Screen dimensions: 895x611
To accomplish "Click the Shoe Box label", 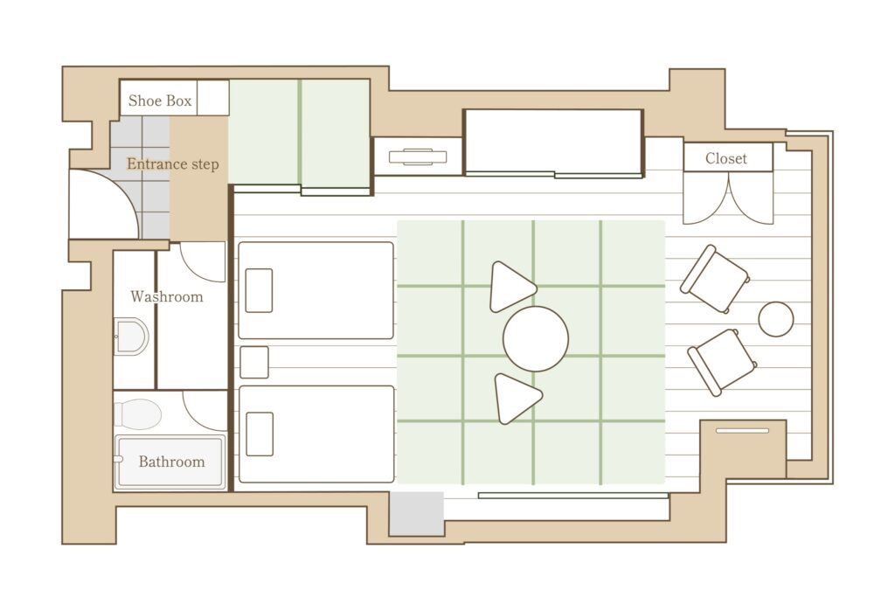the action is [160, 101].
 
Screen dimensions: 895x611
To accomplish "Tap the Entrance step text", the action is [173, 164].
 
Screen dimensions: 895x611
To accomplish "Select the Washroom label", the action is [167, 296].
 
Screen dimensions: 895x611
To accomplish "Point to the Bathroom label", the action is [172, 462].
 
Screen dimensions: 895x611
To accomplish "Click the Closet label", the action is [726, 158].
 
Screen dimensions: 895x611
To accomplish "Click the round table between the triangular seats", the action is [536, 338].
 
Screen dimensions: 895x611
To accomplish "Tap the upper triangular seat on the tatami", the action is [510, 287].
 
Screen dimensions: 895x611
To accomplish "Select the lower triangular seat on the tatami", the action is [517, 399].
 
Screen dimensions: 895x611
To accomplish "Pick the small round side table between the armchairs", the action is [776, 319].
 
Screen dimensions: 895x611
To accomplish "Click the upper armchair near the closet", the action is [715, 279].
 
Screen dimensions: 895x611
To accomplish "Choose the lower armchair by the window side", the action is [722, 362].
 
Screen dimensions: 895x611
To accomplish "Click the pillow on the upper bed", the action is [259, 291].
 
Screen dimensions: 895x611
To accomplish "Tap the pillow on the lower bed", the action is [259, 434].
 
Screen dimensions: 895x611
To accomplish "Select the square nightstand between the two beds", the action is [254, 362].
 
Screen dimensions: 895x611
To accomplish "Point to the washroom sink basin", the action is [131, 337].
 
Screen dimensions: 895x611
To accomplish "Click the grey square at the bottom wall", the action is [417, 513].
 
